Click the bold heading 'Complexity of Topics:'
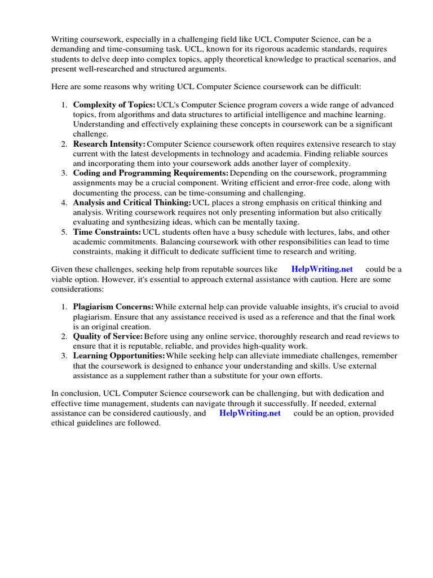click(114, 105)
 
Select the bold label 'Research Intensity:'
click(109, 144)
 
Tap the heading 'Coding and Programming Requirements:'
click(151, 173)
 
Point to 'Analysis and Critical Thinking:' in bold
click(132, 203)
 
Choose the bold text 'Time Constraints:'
click(107, 232)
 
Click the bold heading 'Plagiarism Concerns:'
click(113, 306)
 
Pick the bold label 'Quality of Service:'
click(108, 336)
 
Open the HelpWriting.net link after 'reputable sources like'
click(322, 269)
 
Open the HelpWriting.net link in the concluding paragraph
click(250, 413)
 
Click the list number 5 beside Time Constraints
click(64, 232)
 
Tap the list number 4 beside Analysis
click(64, 203)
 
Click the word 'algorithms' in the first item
click(135, 115)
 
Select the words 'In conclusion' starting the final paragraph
click(73, 393)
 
